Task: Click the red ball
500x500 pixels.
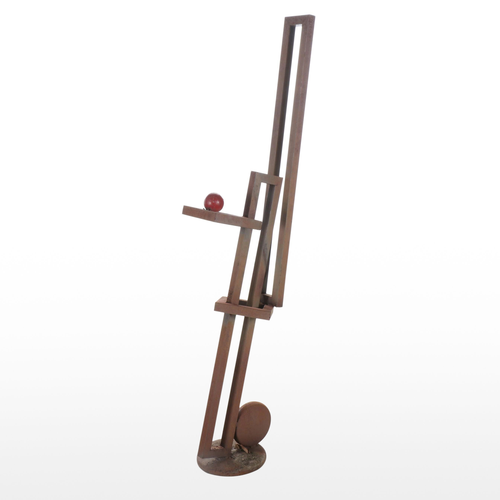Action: (x=214, y=202)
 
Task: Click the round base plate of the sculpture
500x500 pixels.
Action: (x=233, y=463)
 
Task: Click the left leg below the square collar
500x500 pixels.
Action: (x=215, y=380)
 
